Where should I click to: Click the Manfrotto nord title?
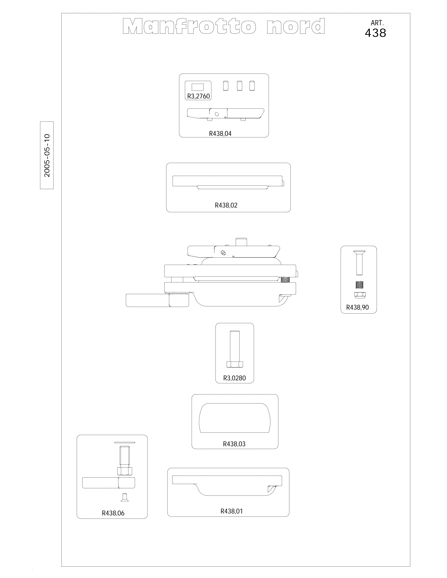coord(224,26)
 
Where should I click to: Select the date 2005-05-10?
coord(47,155)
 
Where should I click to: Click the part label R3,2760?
coord(198,96)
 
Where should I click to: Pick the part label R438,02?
coord(226,205)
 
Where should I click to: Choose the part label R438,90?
coord(357,307)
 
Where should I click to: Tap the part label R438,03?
coord(234,444)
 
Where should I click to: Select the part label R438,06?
coord(113,513)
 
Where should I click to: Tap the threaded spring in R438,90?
coord(359,285)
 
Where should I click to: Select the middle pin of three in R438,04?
coord(239,86)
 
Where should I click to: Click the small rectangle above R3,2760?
coord(198,87)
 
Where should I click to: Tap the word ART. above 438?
coord(377,23)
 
